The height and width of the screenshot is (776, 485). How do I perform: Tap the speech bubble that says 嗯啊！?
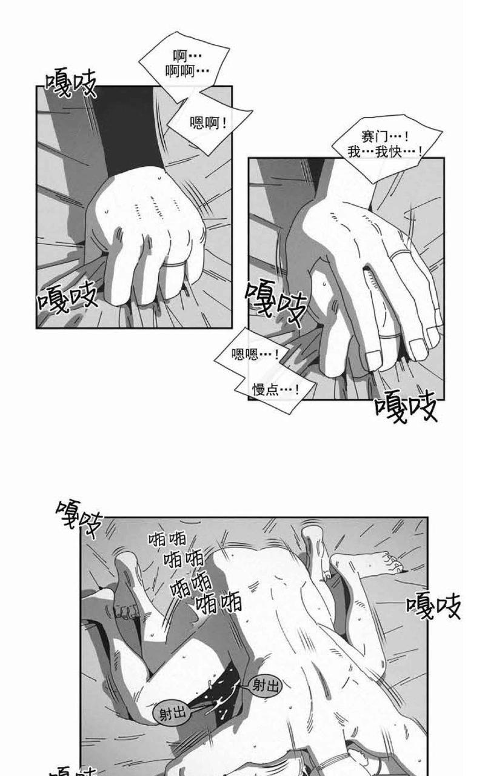point(210,123)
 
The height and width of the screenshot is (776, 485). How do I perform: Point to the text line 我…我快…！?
point(385,152)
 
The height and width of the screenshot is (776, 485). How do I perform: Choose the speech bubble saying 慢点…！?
point(275,390)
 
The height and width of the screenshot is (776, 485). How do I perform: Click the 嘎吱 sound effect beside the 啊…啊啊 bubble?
point(71,83)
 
